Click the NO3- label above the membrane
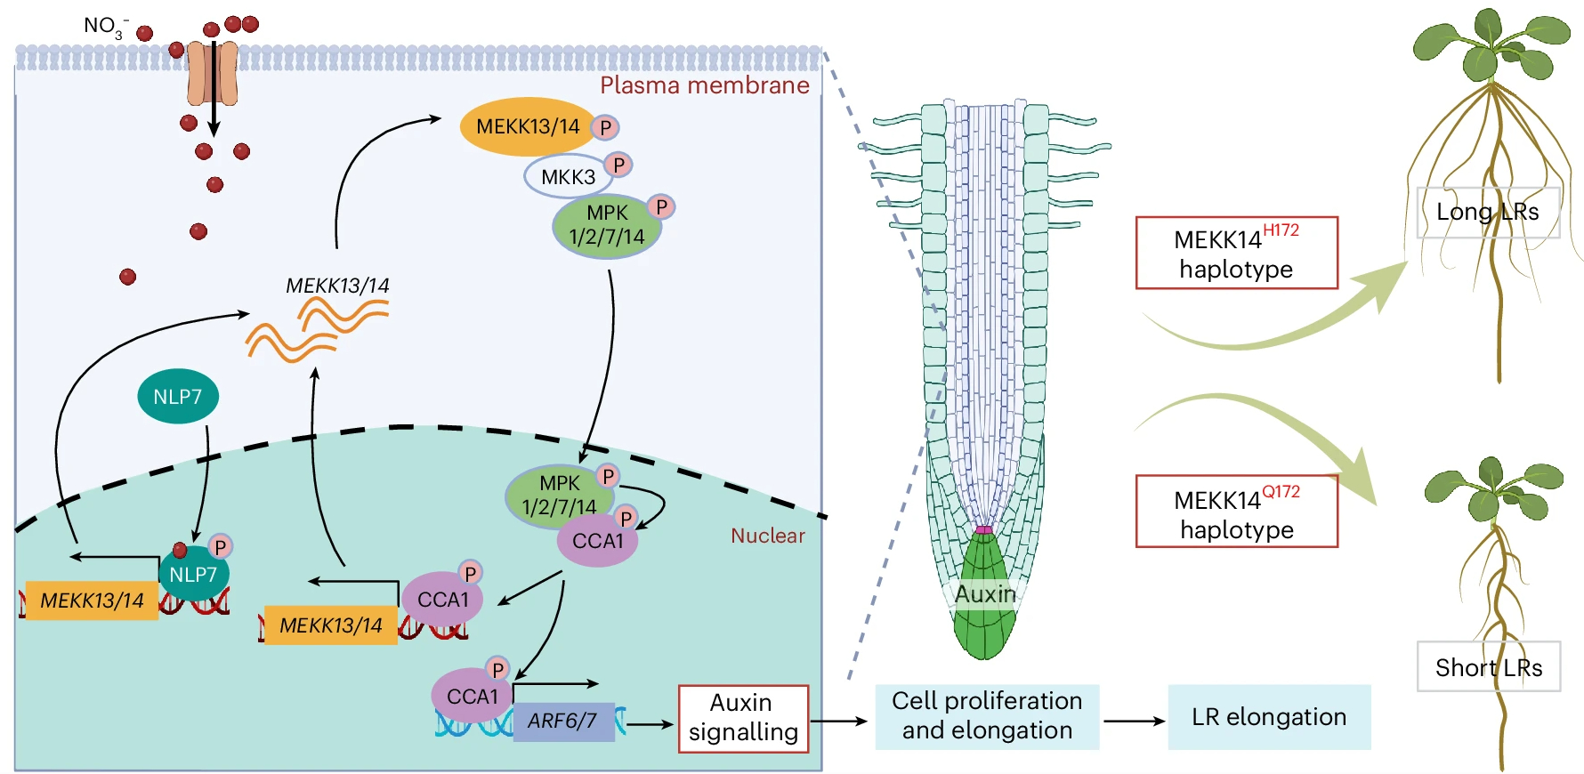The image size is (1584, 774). (105, 26)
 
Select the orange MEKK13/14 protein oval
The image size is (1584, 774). (527, 126)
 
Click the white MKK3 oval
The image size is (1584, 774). (568, 176)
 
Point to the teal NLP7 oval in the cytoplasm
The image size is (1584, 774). (178, 396)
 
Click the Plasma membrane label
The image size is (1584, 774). (704, 85)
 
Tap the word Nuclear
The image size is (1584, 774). (767, 536)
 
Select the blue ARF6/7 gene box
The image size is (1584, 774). (563, 720)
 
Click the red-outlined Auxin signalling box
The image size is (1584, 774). (743, 718)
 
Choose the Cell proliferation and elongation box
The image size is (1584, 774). (987, 716)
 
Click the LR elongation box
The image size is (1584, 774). (1268, 717)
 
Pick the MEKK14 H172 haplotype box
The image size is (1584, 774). (1236, 253)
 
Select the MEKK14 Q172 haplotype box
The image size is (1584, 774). (1236, 512)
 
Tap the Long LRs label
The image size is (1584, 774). (1487, 212)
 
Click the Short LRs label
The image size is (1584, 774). (1488, 666)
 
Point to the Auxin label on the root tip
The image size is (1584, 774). (984, 594)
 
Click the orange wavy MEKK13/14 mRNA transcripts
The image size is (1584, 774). (317, 328)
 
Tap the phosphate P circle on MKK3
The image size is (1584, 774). (618, 165)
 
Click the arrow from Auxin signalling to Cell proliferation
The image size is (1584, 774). (838, 721)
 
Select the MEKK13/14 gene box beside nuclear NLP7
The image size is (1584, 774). (92, 601)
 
